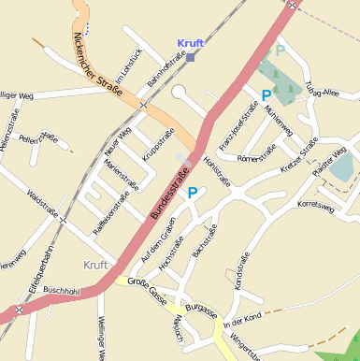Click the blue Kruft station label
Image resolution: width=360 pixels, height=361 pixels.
[x=190, y=43]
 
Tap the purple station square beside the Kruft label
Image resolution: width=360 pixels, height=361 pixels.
[x=191, y=56]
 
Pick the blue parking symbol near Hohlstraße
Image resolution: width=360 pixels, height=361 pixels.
[x=193, y=193]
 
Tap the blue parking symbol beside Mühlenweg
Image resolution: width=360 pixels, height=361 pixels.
[x=266, y=94]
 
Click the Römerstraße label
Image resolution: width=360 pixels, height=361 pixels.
[x=257, y=152]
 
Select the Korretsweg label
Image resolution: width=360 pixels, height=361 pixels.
[x=315, y=205]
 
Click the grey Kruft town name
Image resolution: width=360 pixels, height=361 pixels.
[x=96, y=265]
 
